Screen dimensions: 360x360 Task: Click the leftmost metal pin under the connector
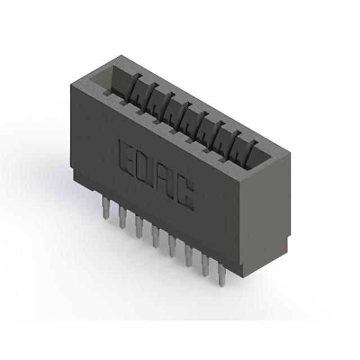coord(106,208)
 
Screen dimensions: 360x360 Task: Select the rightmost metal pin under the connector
coord(222,274)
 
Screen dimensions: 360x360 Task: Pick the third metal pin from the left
coord(139,227)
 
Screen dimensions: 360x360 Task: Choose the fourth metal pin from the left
coord(155,236)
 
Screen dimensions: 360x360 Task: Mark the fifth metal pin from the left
coord(172,246)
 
